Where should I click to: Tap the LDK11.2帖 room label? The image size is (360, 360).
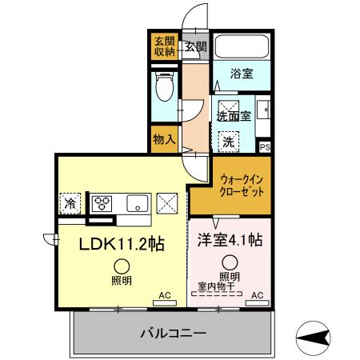pyautogui.click(x=121, y=243)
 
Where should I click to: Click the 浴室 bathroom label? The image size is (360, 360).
pyautogui.click(x=242, y=74)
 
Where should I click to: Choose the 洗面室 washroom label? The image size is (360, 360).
pyautogui.click(x=234, y=115)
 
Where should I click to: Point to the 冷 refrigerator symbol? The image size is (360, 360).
pyautogui.click(x=71, y=203)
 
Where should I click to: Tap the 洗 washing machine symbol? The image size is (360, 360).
pyautogui.click(x=230, y=142)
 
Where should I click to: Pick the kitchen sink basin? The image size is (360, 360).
pyautogui.click(x=135, y=202)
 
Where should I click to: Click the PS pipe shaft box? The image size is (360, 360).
pyautogui.click(x=266, y=146)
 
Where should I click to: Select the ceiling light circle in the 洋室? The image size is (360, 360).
pyautogui.click(x=230, y=261)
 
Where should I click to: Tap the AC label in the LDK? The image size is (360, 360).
pyautogui.click(x=166, y=295)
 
